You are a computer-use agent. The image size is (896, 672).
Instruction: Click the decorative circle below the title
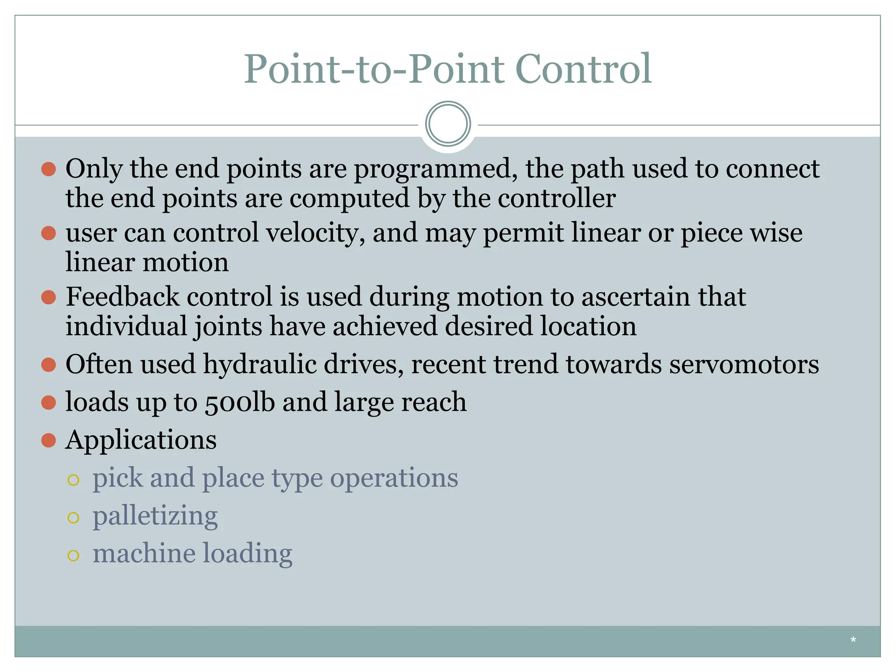448,124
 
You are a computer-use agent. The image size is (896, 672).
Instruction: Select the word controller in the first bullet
556,198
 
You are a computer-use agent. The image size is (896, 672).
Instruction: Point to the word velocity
315,233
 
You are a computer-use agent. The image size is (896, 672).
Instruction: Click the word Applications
141,440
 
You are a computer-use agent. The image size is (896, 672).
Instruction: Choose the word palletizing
155,516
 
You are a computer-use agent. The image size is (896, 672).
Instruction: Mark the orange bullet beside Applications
49,440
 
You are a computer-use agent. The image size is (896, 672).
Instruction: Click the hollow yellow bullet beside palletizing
73,518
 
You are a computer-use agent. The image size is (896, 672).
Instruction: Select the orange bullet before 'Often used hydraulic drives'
49,364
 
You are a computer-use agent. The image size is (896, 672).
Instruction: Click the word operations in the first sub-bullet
394,478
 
